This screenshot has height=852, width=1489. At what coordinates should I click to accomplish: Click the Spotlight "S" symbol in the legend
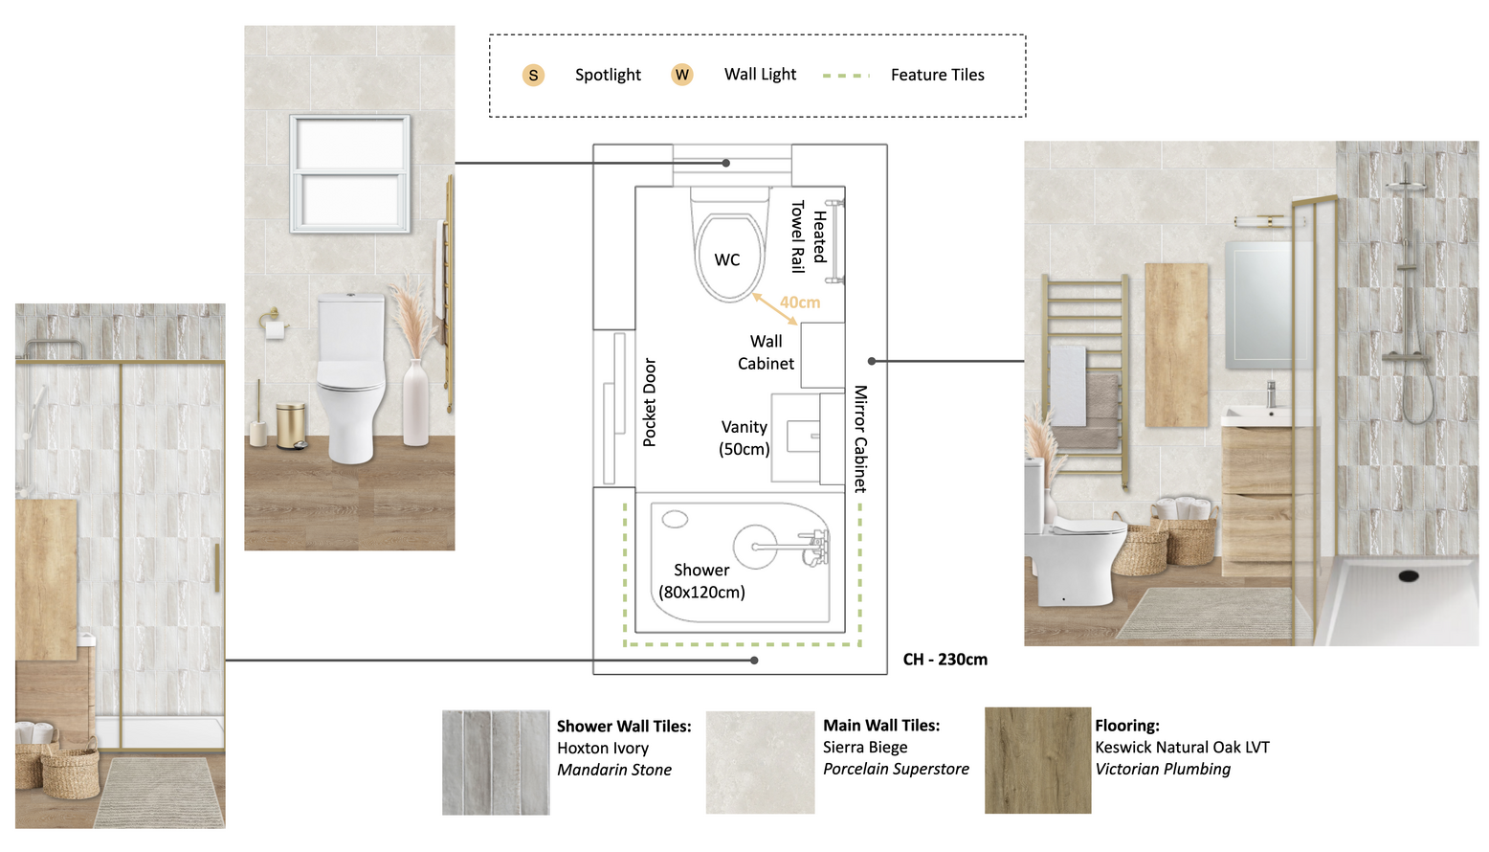point(533,76)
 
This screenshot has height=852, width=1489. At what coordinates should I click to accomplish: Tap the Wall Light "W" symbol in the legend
point(682,75)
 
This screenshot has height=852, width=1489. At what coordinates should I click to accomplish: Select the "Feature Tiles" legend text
point(937,76)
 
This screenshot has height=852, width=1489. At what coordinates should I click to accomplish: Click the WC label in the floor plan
point(726,260)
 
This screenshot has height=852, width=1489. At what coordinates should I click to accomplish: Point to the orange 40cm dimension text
point(800,303)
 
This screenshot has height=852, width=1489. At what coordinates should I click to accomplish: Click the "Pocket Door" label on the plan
point(650,402)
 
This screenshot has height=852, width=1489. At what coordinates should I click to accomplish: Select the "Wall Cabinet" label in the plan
point(766,352)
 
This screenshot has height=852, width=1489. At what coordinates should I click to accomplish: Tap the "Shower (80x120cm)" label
point(701,581)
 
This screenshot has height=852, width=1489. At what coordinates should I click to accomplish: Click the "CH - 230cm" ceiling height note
point(945,660)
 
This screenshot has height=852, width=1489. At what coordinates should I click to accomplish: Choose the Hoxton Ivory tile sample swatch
point(496,763)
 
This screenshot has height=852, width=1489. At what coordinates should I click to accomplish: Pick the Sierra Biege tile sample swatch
point(760,762)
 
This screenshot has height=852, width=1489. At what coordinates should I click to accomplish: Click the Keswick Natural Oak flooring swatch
point(1037,760)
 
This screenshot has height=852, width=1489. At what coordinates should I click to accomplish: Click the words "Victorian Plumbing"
point(1163,770)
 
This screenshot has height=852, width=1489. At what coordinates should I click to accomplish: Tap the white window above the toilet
point(349,173)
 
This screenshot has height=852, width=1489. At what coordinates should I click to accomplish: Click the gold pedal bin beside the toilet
point(291,426)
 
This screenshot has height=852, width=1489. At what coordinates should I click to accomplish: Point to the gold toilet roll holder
point(273,324)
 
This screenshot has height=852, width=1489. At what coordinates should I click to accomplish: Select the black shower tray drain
point(1408,576)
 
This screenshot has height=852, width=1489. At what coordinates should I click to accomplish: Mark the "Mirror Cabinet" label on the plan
point(861,439)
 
